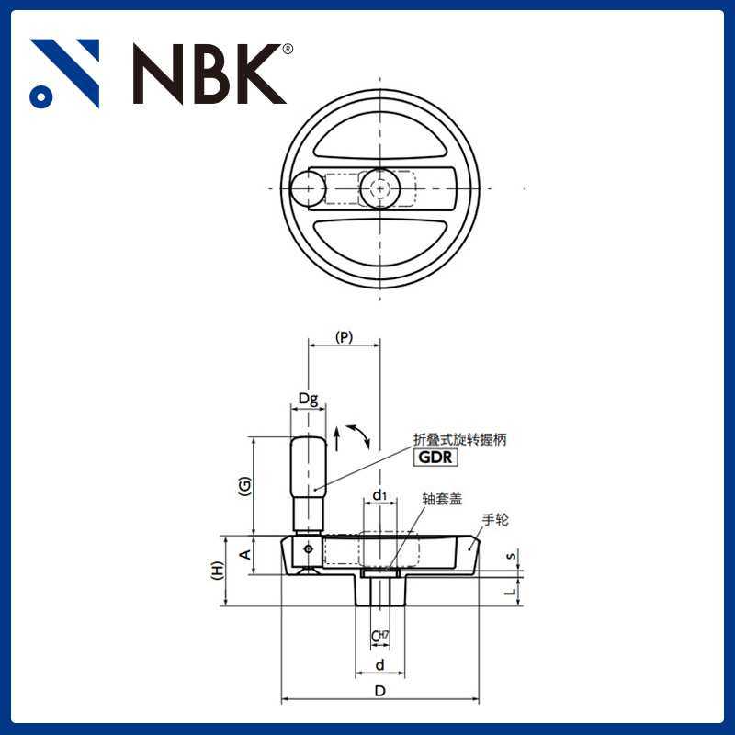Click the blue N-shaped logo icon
click(64, 73)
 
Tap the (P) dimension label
click(344, 337)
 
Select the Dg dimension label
click(308, 399)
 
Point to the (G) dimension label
click(243, 487)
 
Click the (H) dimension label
click(217, 571)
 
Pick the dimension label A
click(244, 555)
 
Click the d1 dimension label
click(379, 496)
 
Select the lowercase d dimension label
click(379, 663)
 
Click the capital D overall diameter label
click(379, 691)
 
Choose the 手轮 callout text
click(496, 520)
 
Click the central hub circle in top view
click(379, 188)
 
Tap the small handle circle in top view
click(307, 188)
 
